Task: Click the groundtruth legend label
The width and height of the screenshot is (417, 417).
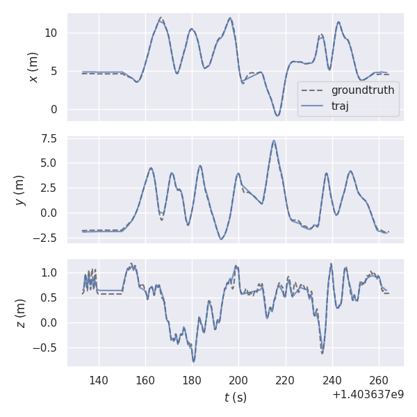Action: (x=363, y=90)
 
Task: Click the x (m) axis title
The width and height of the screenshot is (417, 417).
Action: (x=33, y=67)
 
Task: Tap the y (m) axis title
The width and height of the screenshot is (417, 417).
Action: (x=20, y=188)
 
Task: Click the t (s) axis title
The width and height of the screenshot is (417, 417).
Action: (x=235, y=398)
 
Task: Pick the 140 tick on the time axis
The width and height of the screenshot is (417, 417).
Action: (x=99, y=381)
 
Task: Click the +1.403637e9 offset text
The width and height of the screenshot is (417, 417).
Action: (x=368, y=395)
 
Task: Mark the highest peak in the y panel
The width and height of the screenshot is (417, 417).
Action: (x=274, y=140)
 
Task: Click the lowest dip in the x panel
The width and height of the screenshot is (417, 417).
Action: (x=277, y=115)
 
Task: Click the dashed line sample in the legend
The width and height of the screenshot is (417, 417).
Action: (x=314, y=90)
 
